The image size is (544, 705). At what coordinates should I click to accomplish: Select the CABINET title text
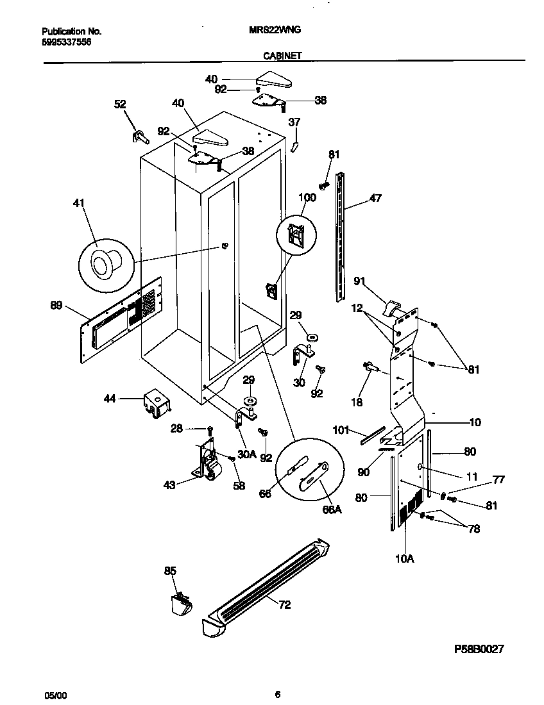pyautogui.click(x=282, y=56)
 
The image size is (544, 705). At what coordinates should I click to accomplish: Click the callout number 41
pyautogui.click(x=78, y=203)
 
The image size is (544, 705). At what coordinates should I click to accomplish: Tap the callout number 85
pyautogui.click(x=169, y=570)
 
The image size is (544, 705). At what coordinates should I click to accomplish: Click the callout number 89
pyautogui.click(x=56, y=306)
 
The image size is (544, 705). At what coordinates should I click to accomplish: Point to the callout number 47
pyautogui.click(x=375, y=198)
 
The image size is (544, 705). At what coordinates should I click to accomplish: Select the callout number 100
pyautogui.click(x=307, y=197)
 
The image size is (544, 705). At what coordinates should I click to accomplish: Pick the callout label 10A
pyautogui.click(x=404, y=558)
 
